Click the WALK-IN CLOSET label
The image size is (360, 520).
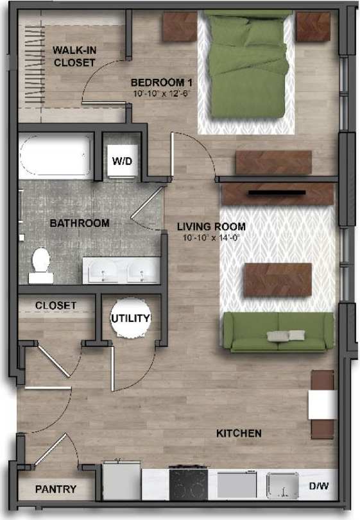tap(74, 56)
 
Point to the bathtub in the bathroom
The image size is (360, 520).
tap(56, 156)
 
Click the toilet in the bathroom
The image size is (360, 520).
tap(40, 265)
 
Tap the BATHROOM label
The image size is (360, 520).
tap(79, 223)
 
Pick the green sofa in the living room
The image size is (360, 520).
tap(279, 331)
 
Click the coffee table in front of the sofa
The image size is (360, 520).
tap(277, 280)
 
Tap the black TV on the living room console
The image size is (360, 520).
tap(277, 192)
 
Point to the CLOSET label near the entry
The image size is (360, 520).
tap(56, 305)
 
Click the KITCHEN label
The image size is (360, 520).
tap(239, 433)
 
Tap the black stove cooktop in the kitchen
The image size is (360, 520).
tap(188, 483)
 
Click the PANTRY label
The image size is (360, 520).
tap(55, 489)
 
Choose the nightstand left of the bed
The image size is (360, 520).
tap(178, 26)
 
